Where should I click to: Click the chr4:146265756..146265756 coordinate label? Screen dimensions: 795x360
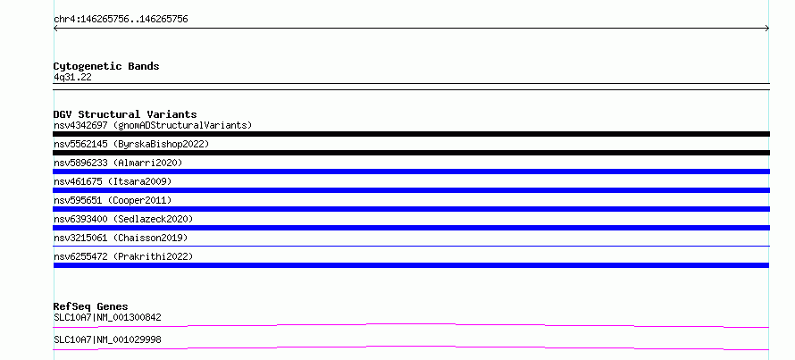coord(121,20)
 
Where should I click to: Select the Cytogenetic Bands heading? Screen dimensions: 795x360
coord(106,66)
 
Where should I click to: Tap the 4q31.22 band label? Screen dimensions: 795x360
coord(72,78)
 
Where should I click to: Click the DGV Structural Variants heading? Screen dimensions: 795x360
coord(125,114)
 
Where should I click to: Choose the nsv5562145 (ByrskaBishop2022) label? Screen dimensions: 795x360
coord(131,144)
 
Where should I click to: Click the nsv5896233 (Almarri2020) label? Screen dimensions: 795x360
coord(118,163)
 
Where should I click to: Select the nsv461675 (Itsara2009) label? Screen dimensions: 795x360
coord(113,181)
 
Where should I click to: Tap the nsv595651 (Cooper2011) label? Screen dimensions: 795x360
coord(113,200)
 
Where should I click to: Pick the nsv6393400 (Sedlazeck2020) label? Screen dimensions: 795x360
coord(123,219)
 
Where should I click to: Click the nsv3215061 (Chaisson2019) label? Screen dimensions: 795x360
coord(121,238)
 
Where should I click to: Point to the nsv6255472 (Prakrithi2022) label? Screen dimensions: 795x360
coord(123,256)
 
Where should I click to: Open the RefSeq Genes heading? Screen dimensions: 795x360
coord(91,306)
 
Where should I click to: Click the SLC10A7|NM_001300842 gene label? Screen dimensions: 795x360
coord(107,318)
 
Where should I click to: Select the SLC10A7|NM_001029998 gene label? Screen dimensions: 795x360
coord(107,339)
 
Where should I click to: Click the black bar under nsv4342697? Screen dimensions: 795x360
coord(411,134)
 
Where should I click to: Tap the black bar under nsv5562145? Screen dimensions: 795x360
coord(411,153)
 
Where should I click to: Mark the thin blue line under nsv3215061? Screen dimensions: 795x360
coord(411,246)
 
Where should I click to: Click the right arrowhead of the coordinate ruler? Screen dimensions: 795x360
coord(767,29)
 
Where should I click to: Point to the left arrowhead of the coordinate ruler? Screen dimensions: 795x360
coord(55,29)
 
